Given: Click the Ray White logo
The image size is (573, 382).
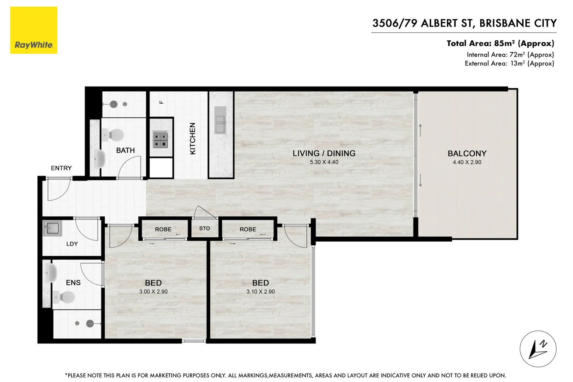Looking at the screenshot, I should click(x=34, y=30).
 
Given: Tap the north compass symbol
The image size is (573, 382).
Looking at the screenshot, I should click(x=538, y=349).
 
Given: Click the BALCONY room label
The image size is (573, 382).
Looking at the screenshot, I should click(x=467, y=154).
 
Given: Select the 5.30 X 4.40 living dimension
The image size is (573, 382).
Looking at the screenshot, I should click(x=324, y=162).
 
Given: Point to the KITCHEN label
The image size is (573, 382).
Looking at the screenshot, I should click(x=193, y=138).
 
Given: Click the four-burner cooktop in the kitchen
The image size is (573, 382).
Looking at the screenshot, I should click(x=160, y=139).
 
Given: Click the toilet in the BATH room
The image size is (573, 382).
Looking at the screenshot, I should click(x=115, y=135).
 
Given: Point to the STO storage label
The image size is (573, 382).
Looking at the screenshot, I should click(x=204, y=228).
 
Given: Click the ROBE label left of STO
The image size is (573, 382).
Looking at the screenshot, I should click(x=163, y=229).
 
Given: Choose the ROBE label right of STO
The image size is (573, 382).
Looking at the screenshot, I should click(x=248, y=229).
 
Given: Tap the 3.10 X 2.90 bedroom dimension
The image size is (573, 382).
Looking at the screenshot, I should click(x=261, y=292).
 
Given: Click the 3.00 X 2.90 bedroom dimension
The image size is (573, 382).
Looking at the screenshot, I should click(x=153, y=292).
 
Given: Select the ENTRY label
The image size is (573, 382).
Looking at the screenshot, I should click(x=61, y=168).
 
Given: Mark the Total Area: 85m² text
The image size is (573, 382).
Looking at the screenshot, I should click(x=500, y=44).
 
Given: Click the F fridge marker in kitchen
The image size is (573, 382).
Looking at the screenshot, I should click(x=162, y=102).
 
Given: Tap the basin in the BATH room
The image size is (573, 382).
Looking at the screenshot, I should click(x=100, y=159).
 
